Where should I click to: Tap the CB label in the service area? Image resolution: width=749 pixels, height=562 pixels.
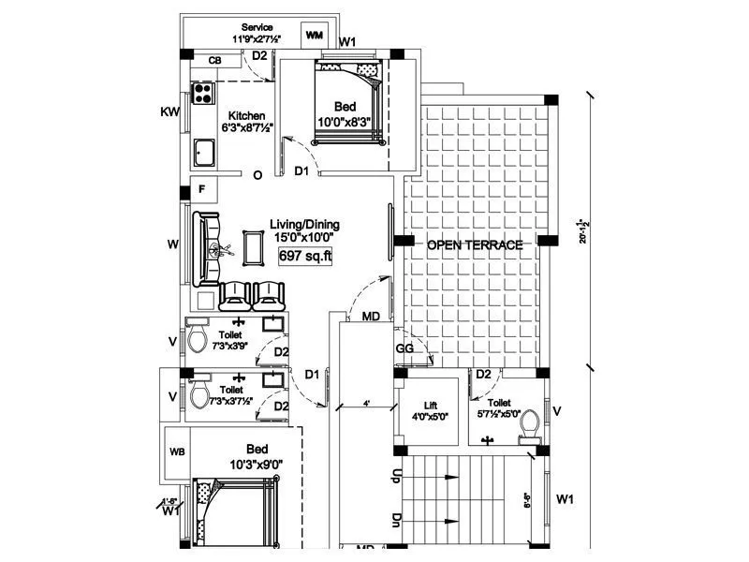coord(214,61)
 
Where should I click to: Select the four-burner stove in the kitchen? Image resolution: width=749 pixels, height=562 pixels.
coord(203,93)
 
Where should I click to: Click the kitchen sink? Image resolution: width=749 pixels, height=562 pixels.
coord(203,150)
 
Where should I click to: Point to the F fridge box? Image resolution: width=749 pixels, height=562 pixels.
coord(203,188)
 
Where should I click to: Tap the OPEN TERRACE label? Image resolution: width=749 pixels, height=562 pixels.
coord(475,245)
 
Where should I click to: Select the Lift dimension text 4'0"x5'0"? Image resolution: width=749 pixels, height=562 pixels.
coord(430,417)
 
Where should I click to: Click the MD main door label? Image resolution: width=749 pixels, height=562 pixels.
coord(371,318)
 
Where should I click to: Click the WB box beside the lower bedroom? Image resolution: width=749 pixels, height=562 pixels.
coord(177,451)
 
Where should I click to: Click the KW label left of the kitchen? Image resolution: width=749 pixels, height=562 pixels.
coord(169,111)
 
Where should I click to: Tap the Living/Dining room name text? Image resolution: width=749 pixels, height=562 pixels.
coord(304,225)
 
